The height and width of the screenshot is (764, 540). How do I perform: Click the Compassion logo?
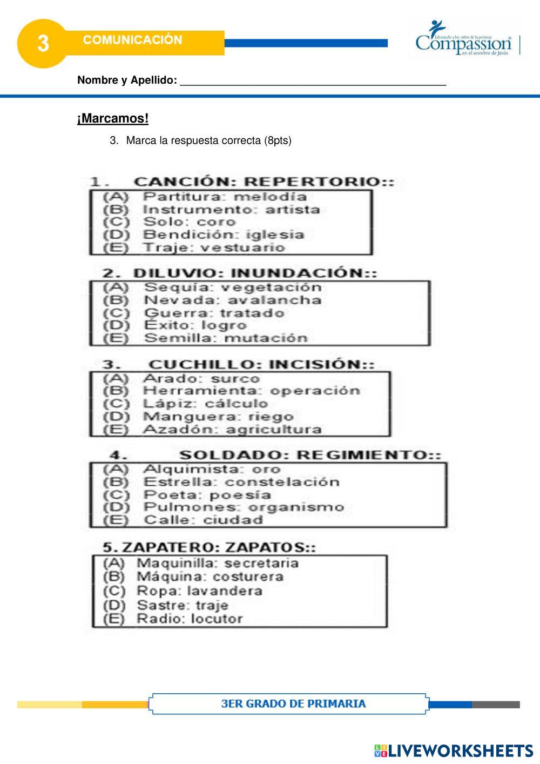click(x=463, y=38)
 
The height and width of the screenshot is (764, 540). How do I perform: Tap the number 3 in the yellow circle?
click(x=43, y=44)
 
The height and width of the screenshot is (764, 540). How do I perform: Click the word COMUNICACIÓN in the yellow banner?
click(x=133, y=39)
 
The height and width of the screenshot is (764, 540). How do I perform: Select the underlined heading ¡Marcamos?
click(x=113, y=118)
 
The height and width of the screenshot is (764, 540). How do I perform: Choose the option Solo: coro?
click(x=189, y=222)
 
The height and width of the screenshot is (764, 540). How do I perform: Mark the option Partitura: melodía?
click(x=225, y=197)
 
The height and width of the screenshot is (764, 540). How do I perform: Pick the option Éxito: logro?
click(x=195, y=325)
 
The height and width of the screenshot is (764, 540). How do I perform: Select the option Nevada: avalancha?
click(x=233, y=300)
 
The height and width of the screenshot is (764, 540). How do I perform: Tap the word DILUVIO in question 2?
click(x=174, y=273)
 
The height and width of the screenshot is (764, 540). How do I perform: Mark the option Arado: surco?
click(x=201, y=379)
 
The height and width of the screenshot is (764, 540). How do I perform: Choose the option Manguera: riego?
click(x=218, y=417)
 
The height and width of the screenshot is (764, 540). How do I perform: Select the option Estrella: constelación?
click(x=241, y=482)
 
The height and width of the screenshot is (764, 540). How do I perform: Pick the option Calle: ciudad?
click(x=203, y=520)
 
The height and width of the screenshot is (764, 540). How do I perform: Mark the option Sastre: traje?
click(x=183, y=605)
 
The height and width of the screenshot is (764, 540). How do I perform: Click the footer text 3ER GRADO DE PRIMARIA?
click(x=293, y=703)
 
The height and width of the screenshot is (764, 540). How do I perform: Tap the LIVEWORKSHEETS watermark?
click(x=454, y=750)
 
